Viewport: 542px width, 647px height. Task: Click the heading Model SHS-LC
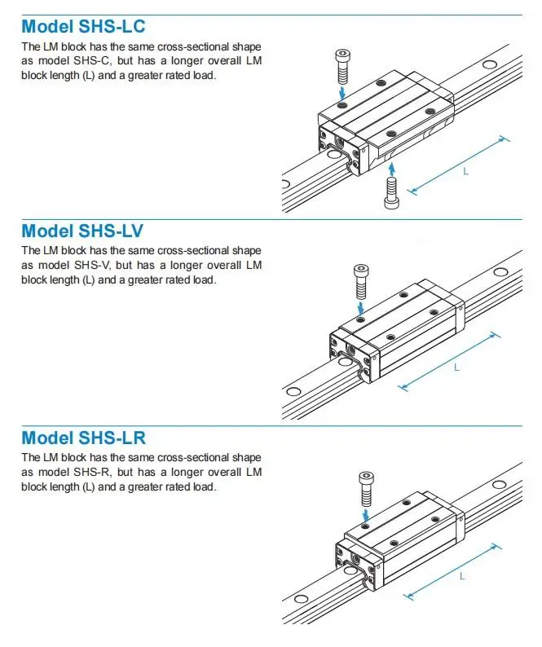point(83,27)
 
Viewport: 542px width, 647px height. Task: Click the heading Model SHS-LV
point(82,231)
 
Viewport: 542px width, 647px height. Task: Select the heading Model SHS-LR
point(84,438)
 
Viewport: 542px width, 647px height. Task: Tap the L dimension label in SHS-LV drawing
point(456,368)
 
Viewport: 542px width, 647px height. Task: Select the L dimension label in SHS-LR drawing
point(462,576)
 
